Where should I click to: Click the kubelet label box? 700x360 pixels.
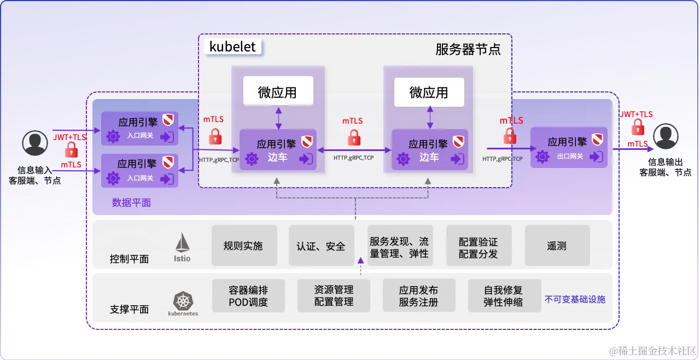tap(233, 47)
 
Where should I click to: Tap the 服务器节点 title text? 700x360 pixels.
tap(468, 49)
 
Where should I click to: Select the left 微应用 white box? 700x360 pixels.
tap(278, 91)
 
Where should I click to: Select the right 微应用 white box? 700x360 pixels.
tap(429, 91)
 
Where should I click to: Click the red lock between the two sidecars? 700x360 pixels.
tap(354, 137)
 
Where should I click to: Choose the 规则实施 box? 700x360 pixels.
tap(243, 246)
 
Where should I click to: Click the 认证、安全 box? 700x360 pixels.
tap(321, 246)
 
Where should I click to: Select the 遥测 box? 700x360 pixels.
tap(557, 246)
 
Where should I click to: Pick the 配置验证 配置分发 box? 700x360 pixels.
tap(478, 247)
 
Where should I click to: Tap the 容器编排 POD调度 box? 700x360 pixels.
tap(248, 295)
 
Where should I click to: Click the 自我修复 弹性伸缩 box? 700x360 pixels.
tap(503, 295)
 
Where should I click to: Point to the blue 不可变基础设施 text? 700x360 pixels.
tap(575, 300)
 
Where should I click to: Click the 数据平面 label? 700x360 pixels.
tap(131, 202)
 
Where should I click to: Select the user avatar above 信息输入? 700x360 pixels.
tap(35, 143)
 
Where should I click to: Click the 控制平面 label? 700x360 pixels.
tap(129, 259)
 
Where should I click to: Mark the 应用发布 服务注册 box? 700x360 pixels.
tap(418, 295)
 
